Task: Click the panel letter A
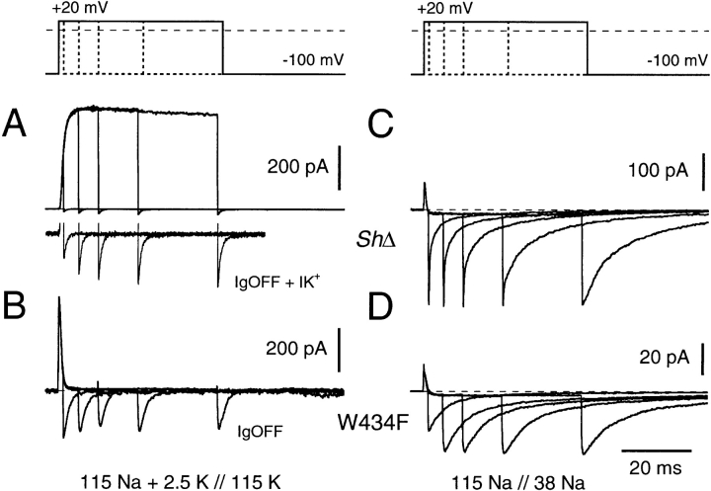pos(15,125)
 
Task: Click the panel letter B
pos(14,306)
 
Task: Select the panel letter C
pos(380,125)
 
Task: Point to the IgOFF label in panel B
pos(260,430)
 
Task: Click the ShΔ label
pos(376,240)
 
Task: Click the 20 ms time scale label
pos(656,467)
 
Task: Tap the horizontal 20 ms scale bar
pos(657,451)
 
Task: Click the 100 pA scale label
pos(658,170)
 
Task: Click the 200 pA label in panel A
pos(297,167)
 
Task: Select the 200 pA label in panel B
pos(296,349)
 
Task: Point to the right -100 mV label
pos(677,60)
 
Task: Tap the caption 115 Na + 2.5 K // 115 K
pos(181,482)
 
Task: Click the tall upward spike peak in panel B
pos(59,297)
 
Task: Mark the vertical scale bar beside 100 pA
pos(703,172)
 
